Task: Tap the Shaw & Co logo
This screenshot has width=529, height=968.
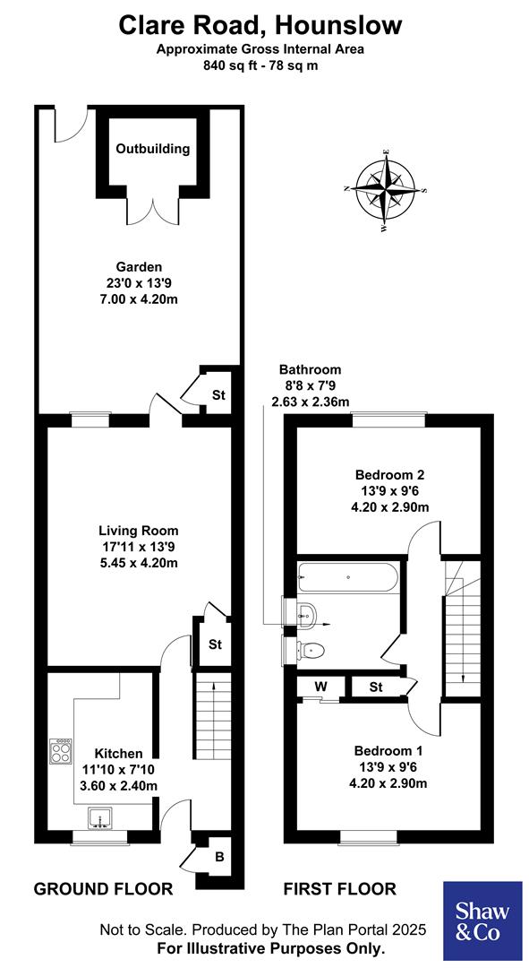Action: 483,920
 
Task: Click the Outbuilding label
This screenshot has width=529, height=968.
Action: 153,149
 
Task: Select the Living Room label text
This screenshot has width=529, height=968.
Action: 139,531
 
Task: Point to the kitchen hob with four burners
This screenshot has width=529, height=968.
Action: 62,751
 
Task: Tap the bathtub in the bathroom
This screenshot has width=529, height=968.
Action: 346,575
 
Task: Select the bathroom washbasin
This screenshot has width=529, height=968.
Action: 304,613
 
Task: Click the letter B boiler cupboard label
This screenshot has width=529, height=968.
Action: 218,857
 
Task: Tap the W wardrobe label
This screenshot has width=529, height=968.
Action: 320,687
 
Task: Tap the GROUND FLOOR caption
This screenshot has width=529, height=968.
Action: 103,889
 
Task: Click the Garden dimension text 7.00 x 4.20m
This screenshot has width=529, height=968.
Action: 139,298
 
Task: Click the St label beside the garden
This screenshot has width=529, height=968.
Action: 218,394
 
